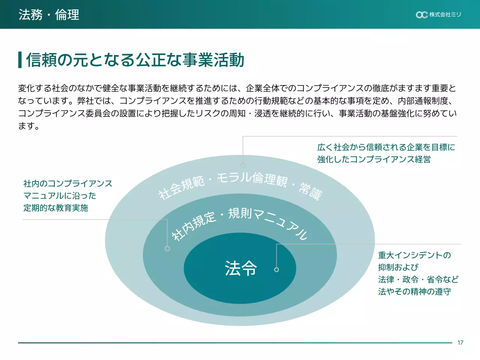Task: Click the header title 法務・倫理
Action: click(49, 15)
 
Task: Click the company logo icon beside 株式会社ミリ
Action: click(421, 15)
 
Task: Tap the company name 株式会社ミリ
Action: click(445, 15)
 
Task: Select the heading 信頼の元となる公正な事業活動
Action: click(135, 60)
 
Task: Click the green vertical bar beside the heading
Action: click(20, 60)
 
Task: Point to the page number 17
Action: click(460, 343)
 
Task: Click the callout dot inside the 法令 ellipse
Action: click(276, 270)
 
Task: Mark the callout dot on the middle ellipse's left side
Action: click(167, 249)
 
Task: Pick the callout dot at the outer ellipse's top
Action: click(243, 165)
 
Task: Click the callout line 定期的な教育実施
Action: click(55, 208)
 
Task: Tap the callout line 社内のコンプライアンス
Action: click(67, 183)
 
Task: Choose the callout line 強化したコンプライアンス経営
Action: click(373, 159)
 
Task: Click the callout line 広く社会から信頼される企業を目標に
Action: click(386, 147)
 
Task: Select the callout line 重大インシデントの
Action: click(414, 255)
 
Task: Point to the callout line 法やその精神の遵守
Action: click(414, 291)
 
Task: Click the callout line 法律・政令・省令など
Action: click(418, 279)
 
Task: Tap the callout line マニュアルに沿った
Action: click(60, 196)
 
